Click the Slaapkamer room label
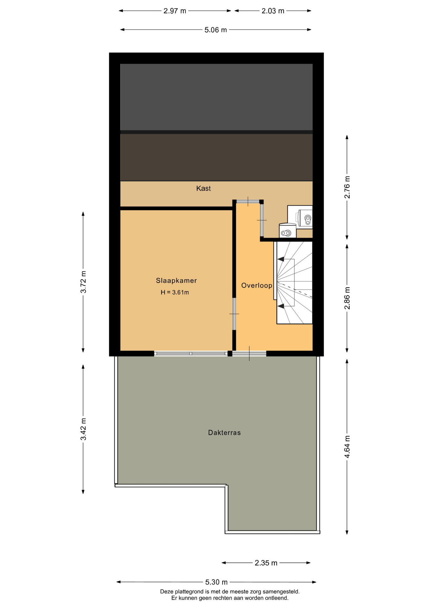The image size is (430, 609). (176, 280)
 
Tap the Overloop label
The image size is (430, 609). (257, 285)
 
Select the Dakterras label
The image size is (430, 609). (224, 433)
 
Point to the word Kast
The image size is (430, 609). (203, 188)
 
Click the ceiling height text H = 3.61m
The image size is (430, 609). (175, 292)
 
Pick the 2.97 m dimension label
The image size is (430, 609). (175, 11)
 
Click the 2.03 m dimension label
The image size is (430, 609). (273, 11)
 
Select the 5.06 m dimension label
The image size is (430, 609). (216, 30)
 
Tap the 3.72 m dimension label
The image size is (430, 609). (83, 282)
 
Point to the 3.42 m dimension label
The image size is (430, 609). (83, 429)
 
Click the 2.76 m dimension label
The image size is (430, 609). (347, 187)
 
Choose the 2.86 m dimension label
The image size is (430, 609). (347, 298)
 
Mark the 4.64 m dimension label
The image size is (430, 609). (347, 447)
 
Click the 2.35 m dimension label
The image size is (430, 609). (266, 563)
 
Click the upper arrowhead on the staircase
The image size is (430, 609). (281, 259)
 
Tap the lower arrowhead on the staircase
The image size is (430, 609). (281, 306)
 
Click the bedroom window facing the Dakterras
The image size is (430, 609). (191, 353)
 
